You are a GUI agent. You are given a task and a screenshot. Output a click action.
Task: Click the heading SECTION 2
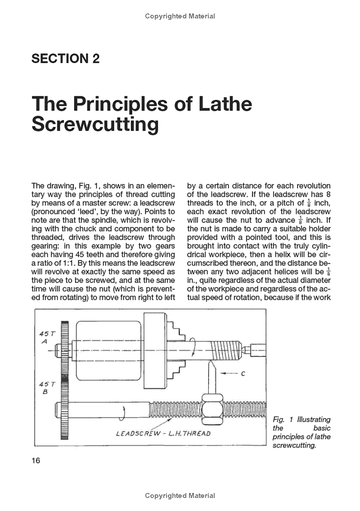[x=65, y=58]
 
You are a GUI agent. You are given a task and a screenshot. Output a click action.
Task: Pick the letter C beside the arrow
[x=243, y=373]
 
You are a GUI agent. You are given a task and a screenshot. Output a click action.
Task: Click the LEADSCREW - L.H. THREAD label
[x=163, y=434]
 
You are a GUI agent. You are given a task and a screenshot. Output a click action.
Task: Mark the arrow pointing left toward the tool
[x=230, y=373]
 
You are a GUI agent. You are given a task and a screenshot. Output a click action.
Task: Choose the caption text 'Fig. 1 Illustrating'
[x=301, y=419]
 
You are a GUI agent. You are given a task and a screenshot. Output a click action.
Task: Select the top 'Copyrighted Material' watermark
[x=180, y=16]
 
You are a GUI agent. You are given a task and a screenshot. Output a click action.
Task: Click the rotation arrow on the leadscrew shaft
[x=122, y=409]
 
